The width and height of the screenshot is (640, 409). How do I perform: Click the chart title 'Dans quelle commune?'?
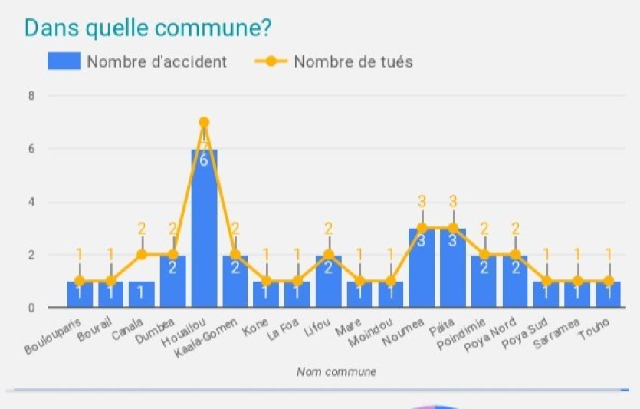(x=148, y=27)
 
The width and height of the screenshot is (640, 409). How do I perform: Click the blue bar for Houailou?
(x=204, y=230)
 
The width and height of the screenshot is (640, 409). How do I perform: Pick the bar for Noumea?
(x=422, y=269)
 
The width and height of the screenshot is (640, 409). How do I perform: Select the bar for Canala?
(x=141, y=295)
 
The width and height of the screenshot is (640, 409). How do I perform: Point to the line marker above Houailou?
(x=204, y=122)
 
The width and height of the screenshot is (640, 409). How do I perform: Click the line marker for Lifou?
(x=328, y=255)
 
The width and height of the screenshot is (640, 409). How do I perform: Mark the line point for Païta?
(x=453, y=228)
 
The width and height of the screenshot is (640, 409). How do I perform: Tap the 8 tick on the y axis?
(x=31, y=96)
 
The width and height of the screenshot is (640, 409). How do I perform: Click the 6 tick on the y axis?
(x=31, y=149)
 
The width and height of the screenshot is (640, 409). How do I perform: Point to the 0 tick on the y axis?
(x=31, y=308)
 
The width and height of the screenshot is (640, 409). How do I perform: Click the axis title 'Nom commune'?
(x=336, y=372)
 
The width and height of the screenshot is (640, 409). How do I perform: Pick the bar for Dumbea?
(x=172, y=282)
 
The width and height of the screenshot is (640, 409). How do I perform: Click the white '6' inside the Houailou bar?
(x=204, y=160)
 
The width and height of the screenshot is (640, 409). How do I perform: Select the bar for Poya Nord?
(x=515, y=282)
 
